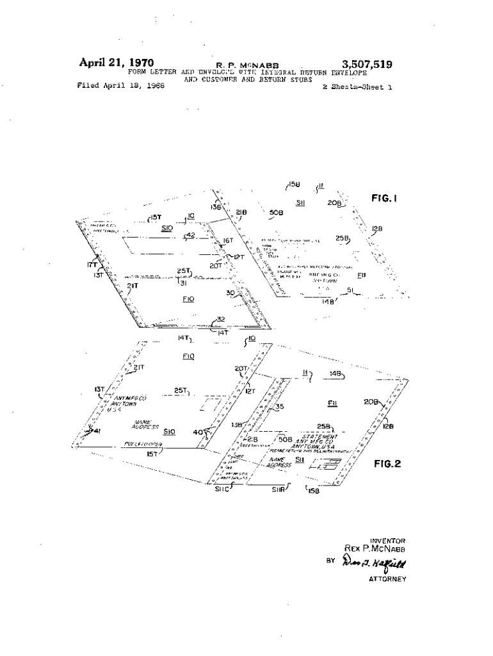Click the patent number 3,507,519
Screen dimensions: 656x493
coord(367,64)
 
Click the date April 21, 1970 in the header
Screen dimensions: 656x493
coord(116,63)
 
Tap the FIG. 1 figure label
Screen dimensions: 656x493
coord(385,199)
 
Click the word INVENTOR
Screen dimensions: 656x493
coord(387,541)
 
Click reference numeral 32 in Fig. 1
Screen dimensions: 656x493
coord(220,319)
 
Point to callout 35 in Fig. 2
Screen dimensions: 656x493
coord(279,406)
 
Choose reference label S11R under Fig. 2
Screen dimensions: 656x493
coord(277,491)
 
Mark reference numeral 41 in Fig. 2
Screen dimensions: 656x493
coord(97,430)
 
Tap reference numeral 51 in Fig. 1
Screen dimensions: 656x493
coord(350,290)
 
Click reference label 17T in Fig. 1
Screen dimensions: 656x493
coord(93,263)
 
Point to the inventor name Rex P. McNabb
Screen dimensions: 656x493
coord(375,549)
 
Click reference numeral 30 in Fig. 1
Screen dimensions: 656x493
coord(230,293)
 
